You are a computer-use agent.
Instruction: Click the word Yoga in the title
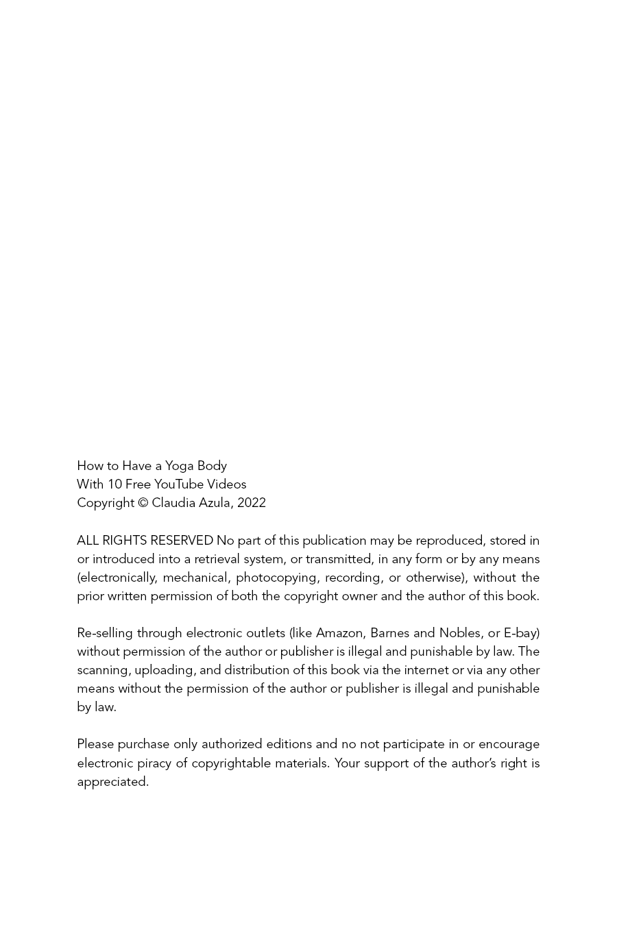[180, 466]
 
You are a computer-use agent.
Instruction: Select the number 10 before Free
[114, 484]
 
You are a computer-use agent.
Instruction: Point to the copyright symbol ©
[143, 503]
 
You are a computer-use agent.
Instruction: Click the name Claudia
[173, 503]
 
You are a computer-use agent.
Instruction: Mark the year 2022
[252, 503]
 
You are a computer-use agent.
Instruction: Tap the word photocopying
[277, 578]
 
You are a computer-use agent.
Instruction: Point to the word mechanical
[195, 578]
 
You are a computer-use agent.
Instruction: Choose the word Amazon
[339, 633]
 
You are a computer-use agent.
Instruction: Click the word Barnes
[389, 633]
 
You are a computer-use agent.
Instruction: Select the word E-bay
[521, 633]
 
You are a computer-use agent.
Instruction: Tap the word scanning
[103, 670]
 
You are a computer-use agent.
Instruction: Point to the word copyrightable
[231, 763]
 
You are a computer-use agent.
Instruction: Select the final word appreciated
[112, 782]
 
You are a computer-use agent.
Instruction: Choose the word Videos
[227, 484]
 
